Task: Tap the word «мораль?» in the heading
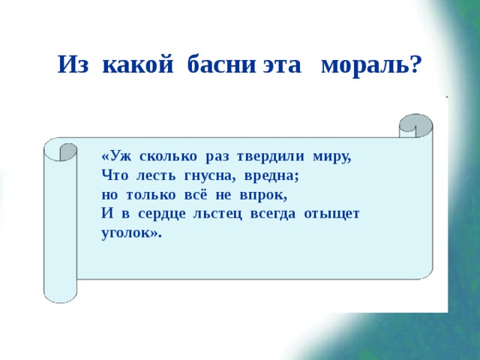pos(370,65)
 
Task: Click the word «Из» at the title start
pos(74,65)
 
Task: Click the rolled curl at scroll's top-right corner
pos(415,125)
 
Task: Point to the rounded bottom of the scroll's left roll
pos(60,295)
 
